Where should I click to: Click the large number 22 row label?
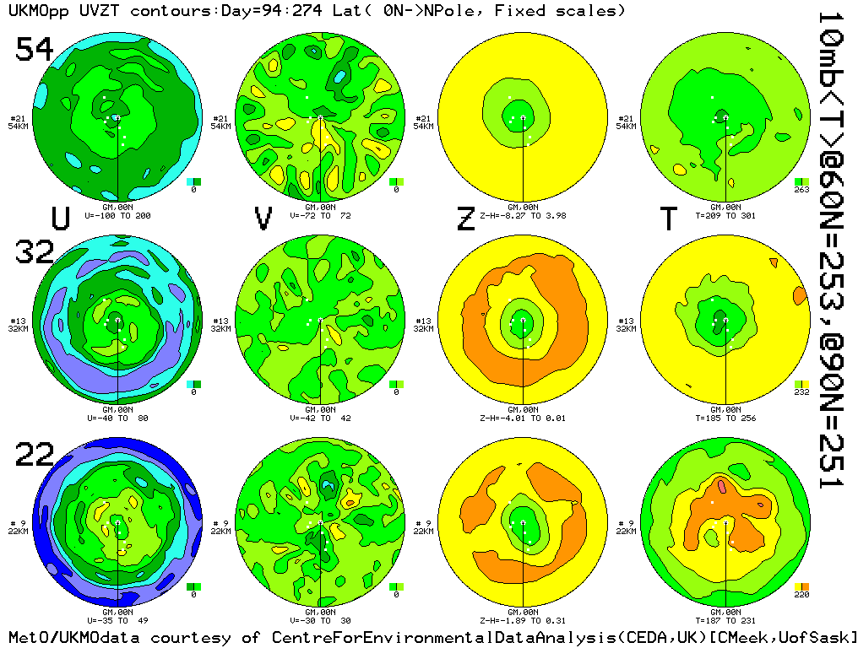35,456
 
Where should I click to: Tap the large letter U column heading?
60,219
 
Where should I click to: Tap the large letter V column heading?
263,219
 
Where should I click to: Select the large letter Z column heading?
465,219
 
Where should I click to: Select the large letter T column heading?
668,219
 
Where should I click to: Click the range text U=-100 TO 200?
117,216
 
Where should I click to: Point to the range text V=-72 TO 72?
320,216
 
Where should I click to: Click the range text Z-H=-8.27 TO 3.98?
523,216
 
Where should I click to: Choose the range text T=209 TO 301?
725,216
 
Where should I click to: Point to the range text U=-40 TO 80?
117,417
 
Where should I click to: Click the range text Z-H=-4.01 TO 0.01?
523,417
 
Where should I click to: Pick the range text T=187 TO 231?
725,618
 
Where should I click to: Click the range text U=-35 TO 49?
117,618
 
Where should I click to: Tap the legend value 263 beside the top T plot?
802,190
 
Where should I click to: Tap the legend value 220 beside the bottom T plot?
802,595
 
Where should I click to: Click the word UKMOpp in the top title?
35,11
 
